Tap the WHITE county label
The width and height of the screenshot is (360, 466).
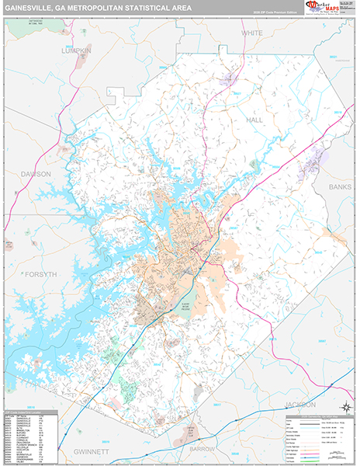[x=251, y=33]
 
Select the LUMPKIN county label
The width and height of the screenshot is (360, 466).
[x=77, y=50]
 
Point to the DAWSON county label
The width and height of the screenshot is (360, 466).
[x=36, y=173]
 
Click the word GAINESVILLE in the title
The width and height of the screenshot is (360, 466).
[x=36, y=9]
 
